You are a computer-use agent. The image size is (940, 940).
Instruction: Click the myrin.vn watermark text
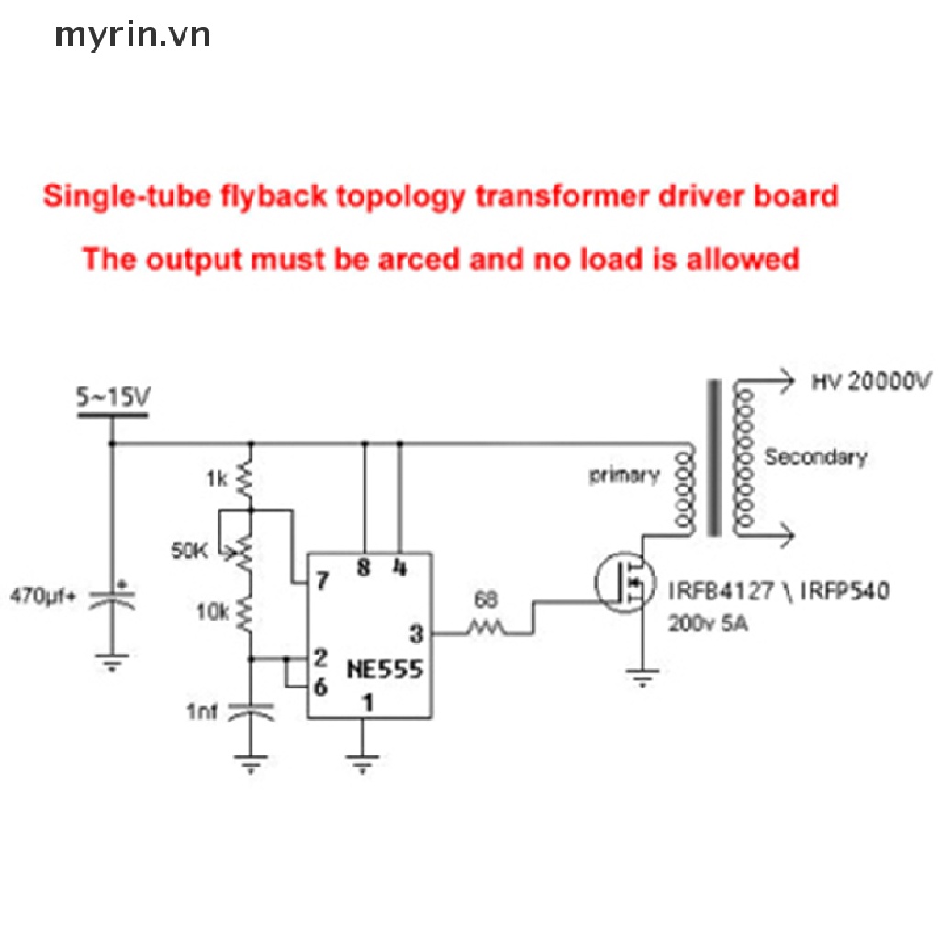coord(132,36)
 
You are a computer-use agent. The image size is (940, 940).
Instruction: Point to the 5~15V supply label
coord(113,397)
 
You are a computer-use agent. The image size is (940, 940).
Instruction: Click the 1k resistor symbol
coord(246,479)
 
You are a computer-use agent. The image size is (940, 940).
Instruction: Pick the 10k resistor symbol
coord(246,614)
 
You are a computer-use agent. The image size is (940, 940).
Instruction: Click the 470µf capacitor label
coord(43,596)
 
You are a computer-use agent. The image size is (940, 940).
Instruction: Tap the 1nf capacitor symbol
coord(252,711)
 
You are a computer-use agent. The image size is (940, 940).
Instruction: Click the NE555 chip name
coord(385,669)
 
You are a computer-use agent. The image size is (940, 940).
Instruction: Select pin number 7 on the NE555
coord(322,580)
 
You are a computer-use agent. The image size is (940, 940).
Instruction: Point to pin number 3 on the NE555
coord(417,633)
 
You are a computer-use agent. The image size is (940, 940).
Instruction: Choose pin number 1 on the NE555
coord(368,702)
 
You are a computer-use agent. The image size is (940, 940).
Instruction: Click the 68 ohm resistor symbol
coord(486,628)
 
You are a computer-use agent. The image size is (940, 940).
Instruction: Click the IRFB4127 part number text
coord(722,591)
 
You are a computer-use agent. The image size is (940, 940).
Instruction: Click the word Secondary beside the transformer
coord(815,457)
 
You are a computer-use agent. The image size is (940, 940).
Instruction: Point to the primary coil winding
coord(684,490)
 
